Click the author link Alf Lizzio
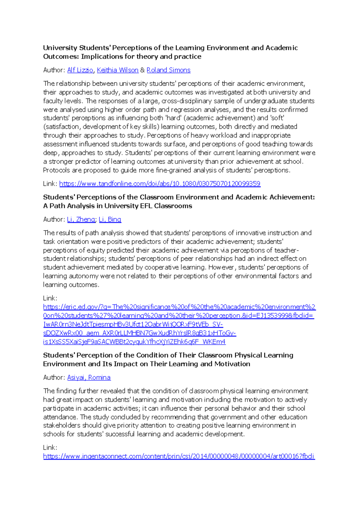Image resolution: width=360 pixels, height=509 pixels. pyautogui.click(x=80, y=70)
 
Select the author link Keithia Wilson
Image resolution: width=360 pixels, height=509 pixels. pyautogui.click(x=118, y=70)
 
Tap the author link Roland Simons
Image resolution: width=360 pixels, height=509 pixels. pyautogui.click(x=168, y=70)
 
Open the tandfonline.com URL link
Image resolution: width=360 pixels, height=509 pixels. pyautogui.click(x=160, y=184)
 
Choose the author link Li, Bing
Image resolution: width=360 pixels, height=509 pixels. pyautogui.click(x=110, y=219)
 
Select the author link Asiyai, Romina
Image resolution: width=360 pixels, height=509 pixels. pyautogui.click(x=89, y=378)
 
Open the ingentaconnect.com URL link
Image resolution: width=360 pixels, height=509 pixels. pyautogui.click(x=179, y=456)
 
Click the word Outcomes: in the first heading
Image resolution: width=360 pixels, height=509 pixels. pyautogui.click(x=61, y=56)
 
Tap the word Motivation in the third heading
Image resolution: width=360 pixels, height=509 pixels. pyautogui.click(x=232, y=364)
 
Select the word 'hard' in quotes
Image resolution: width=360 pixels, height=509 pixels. pyautogui.click(x=173, y=118)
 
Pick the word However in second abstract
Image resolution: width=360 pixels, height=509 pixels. pyautogui.click(x=222, y=267)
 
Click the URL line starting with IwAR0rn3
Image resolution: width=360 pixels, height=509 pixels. pyautogui.click(x=133, y=324)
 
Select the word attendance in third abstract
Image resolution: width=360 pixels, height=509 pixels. pyautogui.click(x=60, y=417)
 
